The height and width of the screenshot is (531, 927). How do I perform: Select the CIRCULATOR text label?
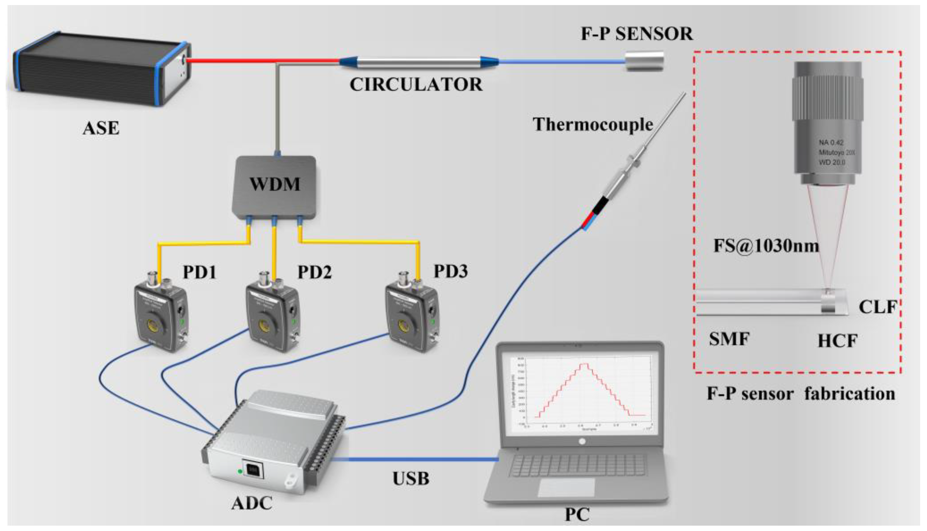tap(416, 84)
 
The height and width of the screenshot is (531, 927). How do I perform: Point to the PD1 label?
tap(200, 272)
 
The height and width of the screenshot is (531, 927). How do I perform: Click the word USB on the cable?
tap(411, 478)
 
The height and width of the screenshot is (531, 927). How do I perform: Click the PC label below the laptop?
tap(577, 515)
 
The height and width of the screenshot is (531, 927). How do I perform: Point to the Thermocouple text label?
tap(593, 125)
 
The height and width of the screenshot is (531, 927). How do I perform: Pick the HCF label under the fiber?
tap(837, 341)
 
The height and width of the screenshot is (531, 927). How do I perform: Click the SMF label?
tap(729, 339)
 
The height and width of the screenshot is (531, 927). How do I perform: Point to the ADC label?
tap(252, 504)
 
